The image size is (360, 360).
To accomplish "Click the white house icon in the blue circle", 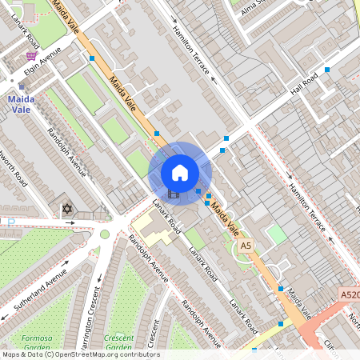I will tap(180, 172).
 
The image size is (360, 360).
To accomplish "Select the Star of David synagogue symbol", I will tap(67, 210).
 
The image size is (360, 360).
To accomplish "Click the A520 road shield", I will tap(349, 294).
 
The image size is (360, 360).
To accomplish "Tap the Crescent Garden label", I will tap(118, 342).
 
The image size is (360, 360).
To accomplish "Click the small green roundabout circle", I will tap(104, 234).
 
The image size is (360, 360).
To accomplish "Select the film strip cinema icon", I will tap(174, 194).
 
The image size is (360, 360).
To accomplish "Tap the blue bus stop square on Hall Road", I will tap(327, 70).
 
